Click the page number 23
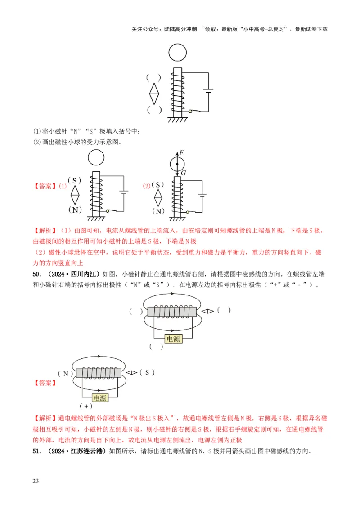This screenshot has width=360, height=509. tap(36, 482)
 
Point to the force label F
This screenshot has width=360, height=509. tap(181, 153)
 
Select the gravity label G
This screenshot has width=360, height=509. tap(183, 173)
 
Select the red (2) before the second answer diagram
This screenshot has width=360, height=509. tap(147, 186)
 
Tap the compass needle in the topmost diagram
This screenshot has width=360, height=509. tap(154, 93)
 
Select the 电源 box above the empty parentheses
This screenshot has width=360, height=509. tap(173, 339)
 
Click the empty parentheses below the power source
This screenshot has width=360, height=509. tap(156, 346)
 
